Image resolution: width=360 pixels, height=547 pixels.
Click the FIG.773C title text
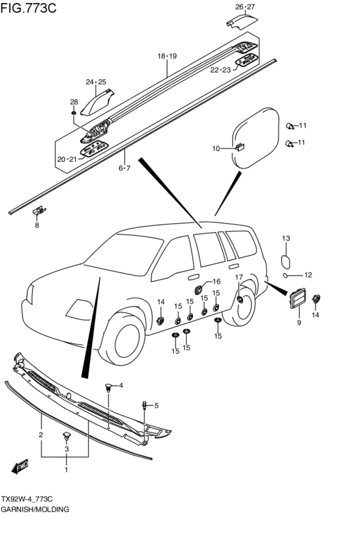pos(28,8)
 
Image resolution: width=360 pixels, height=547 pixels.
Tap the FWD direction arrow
pos(19,467)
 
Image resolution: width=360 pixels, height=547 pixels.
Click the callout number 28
pos(74,102)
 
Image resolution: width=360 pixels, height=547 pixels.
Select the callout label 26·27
pos(245,6)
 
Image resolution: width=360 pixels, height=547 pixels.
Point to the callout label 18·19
pos(167,56)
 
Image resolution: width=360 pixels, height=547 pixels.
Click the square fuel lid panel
pos(256,138)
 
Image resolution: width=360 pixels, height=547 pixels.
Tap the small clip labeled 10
pos(240,147)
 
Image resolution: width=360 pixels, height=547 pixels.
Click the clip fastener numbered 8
pos(39,211)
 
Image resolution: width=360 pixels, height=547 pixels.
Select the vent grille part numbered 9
pos(297,298)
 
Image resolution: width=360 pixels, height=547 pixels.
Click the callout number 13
pos(286,238)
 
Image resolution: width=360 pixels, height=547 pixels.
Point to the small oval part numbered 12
pos(285,276)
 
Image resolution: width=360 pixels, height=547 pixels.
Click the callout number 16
pos(216,282)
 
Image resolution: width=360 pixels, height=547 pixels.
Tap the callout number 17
pos(239,277)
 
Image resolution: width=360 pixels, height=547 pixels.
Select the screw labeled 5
pos(144,406)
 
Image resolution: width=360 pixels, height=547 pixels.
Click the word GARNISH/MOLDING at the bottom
pos(35,509)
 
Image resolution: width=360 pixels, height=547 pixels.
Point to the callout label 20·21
pos(67,159)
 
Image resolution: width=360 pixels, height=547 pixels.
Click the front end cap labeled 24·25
pos(97,103)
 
